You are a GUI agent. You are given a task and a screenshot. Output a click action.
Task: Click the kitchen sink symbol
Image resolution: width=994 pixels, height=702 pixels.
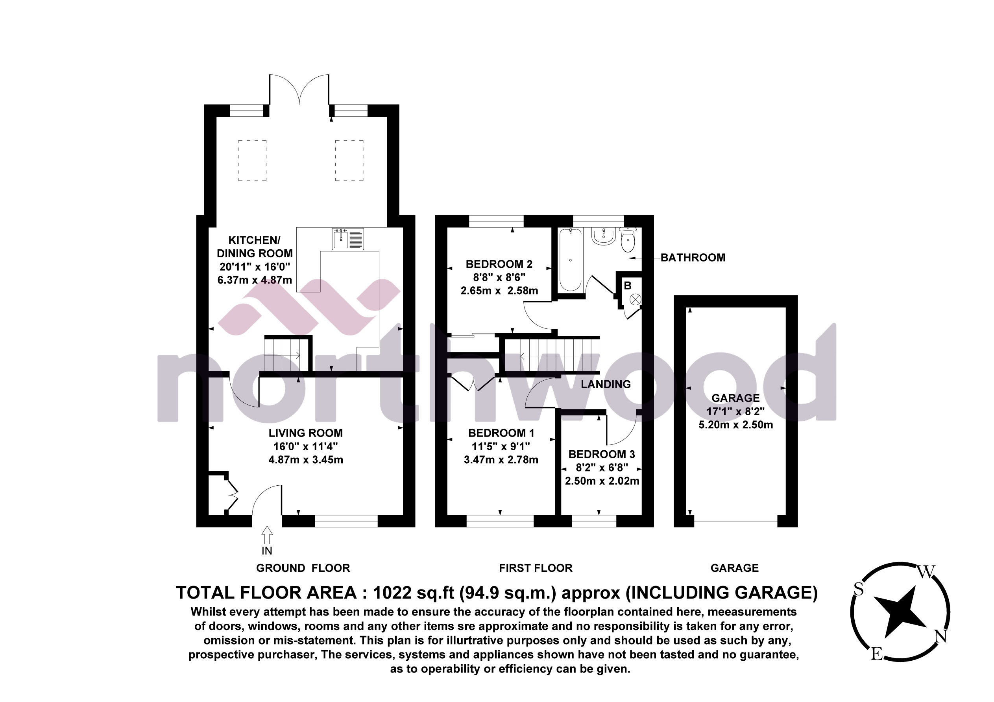pos(347,239)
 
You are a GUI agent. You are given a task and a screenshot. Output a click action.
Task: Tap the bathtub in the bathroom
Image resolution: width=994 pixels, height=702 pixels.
pos(570,260)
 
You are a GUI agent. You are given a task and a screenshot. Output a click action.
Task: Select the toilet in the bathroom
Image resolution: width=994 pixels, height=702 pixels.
pos(627,240)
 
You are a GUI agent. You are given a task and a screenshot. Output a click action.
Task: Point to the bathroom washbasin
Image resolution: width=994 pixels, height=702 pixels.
pos(604,237)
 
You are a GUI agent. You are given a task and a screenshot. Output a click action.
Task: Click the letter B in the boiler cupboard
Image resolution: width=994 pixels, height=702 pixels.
pos(627,286)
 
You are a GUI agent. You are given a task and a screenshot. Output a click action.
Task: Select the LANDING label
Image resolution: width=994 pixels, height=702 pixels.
pos(605,384)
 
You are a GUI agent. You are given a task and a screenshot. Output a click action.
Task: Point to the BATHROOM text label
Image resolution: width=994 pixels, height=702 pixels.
pos(693,258)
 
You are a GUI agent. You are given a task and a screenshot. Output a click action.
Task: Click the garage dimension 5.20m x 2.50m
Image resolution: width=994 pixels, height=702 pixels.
pos(735,425)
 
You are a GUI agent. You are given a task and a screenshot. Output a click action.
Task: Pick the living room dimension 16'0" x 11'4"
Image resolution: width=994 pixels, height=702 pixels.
pos(306,446)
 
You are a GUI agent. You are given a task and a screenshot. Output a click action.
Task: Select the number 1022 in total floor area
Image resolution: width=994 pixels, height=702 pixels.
pos(392,593)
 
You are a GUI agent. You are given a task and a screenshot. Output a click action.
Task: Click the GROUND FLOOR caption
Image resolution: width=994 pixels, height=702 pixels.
pos(303,568)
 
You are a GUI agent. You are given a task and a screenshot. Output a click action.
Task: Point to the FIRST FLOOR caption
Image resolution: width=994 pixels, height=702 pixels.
pos(536,568)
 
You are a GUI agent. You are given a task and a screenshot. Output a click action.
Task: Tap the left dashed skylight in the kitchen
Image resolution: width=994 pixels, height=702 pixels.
pos(252,160)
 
